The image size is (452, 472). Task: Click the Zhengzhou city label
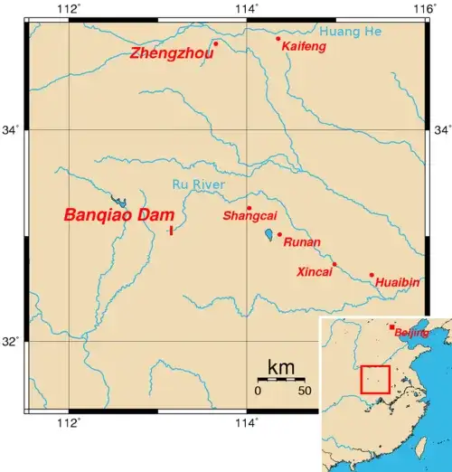pos(172,54)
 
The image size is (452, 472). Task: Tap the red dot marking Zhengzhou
pos(216,42)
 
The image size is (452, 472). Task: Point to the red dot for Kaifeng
pos(278,38)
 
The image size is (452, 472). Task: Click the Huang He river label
pos(357,32)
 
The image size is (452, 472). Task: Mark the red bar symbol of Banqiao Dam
pos(171,231)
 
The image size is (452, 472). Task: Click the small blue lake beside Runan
pos(268,236)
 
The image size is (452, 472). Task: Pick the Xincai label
pos(315,271)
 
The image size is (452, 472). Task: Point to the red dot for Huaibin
pos(372,275)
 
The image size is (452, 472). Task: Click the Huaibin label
pos(398,283)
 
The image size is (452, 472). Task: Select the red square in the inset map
pos(375,379)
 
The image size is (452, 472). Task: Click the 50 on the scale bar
pos(305,391)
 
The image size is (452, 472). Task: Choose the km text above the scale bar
pos(281,367)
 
